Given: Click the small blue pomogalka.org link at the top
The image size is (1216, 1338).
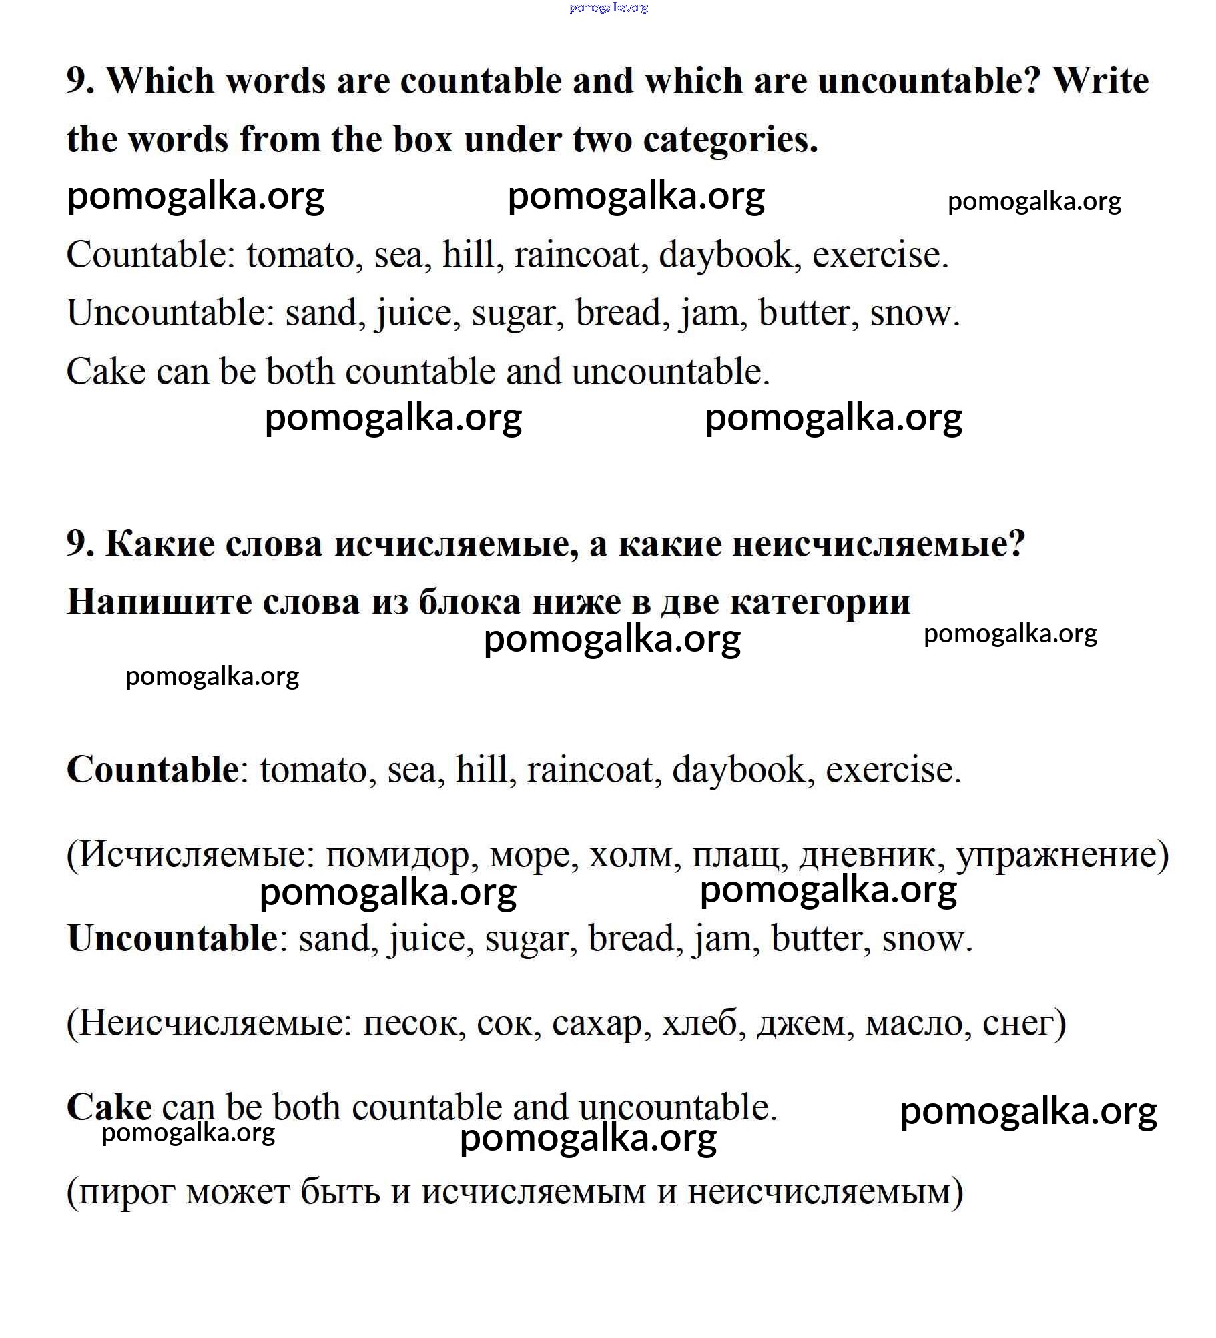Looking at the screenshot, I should [608, 8].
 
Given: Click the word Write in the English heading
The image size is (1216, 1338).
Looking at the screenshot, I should [1101, 81].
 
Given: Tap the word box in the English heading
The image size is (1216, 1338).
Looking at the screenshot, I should [423, 140].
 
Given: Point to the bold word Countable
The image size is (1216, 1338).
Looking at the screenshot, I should [153, 770].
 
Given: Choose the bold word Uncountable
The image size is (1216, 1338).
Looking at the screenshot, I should [172, 938].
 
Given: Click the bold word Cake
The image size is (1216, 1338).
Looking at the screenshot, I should [109, 1107].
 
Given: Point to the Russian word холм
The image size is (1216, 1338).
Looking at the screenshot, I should [635, 855].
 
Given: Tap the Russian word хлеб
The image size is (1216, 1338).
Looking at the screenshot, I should [703, 1023].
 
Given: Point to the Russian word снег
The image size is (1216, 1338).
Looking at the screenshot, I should [1018, 1023].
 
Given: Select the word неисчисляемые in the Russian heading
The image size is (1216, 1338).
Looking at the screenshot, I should [878, 544].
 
